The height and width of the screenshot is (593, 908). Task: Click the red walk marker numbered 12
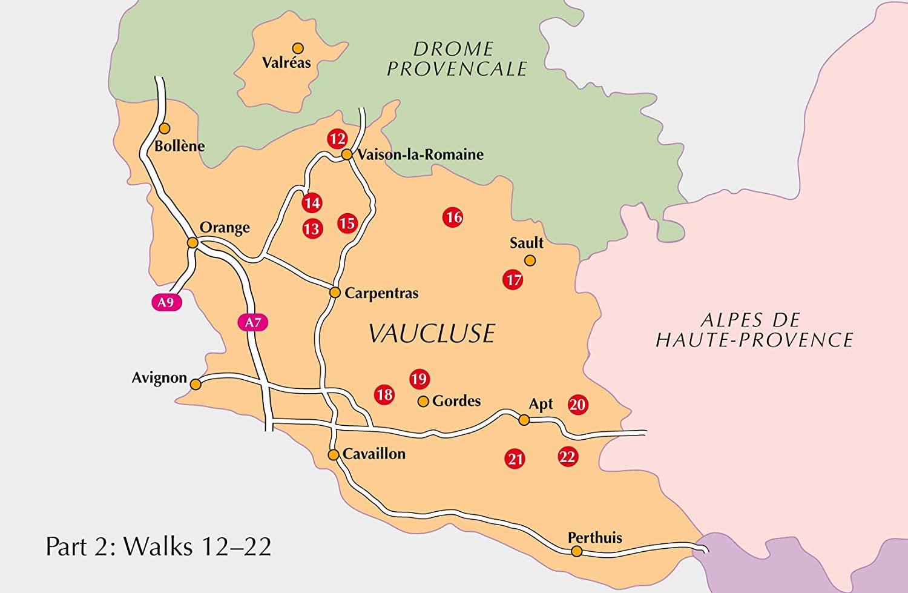337,139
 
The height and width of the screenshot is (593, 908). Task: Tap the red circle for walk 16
453,217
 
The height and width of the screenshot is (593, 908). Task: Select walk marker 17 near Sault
513,280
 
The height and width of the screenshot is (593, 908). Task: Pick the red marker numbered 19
419,379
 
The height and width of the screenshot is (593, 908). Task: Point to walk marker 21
515,459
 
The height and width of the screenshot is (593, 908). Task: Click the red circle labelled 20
578,404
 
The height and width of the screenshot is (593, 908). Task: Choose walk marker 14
312,202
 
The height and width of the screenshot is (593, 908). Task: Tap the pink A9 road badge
166,302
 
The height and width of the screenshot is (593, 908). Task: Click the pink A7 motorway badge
252,322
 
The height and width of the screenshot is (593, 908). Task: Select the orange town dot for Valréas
297,47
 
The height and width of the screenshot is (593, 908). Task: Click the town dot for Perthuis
577,551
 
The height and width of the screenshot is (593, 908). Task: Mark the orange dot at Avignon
196,384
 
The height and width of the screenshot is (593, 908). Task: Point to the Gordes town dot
423,401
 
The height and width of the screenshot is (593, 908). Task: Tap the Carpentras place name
381,293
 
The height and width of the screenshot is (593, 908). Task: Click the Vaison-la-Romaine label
420,154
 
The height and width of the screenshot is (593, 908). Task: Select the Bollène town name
180,146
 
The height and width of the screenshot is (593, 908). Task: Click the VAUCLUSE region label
432,333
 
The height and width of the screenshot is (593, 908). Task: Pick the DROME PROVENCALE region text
457,59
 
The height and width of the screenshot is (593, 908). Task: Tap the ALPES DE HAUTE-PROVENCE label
754,330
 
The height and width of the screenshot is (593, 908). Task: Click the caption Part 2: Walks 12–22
159,546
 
